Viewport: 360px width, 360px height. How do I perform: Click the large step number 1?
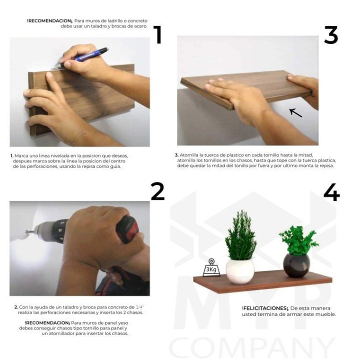pos(157,35)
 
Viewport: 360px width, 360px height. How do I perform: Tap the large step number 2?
pos(157,191)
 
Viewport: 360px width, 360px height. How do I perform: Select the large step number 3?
pos(331,35)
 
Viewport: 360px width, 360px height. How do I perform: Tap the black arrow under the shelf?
pos(295,112)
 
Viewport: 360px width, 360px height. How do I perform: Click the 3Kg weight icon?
pos(211,267)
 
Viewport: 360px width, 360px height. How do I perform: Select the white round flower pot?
pos(240,271)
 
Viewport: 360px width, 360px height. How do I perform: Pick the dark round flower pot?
pos(296,265)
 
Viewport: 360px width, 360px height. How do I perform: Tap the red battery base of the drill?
pos(127,229)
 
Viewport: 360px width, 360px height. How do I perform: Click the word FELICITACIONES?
pos(264,308)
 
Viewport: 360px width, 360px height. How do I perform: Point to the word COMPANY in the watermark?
pos(251,347)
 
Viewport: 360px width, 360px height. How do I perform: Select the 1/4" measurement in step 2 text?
pos(139,307)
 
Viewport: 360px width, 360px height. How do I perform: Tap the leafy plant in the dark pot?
pos(298,240)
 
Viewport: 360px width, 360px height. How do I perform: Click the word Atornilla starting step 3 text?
pos(188,155)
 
